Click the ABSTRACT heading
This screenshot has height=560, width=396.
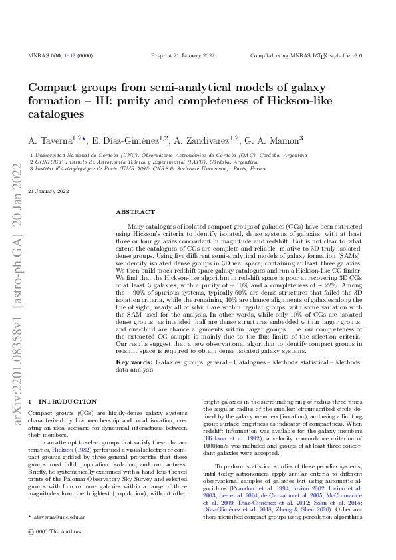[135, 211]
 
